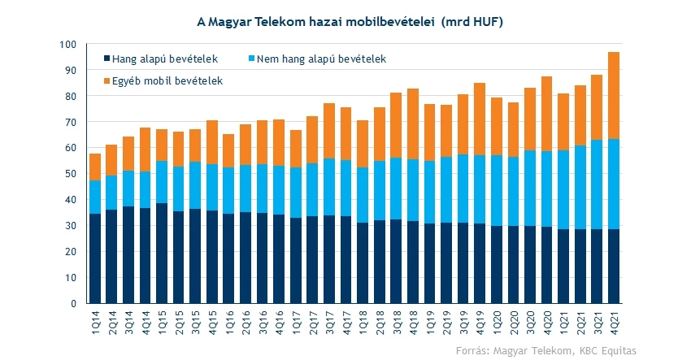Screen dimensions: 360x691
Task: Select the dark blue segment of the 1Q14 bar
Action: [x=95, y=258]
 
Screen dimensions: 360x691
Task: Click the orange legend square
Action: [x=107, y=80]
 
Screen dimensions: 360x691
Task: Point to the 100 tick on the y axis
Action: [x=69, y=44]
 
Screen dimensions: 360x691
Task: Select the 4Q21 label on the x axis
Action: [x=615, y=320]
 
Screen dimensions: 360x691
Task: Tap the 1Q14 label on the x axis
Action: [x=96, y=320]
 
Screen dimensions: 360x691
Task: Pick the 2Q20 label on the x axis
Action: [x=514, y=320]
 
